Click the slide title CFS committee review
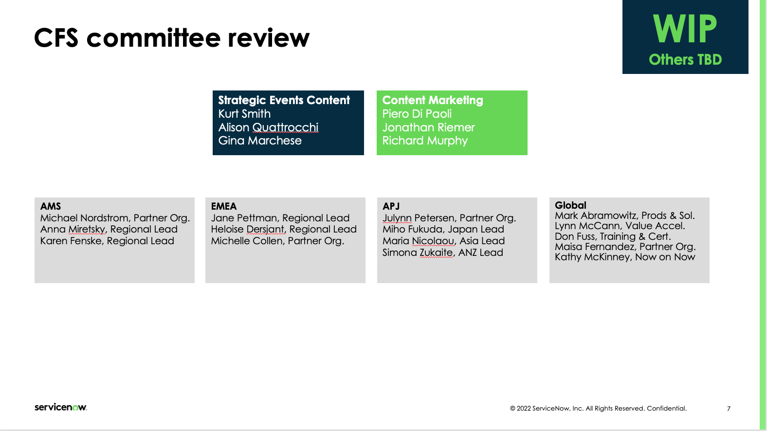(x=171, y=37)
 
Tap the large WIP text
(x=685, y=29)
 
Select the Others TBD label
(x=685, y=59)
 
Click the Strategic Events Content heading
(x=284, y=100)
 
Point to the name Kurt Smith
(x=244, y=114)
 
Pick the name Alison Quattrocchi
(x=268, y=127)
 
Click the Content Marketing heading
(x=433, y=100)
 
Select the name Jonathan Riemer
(x=428, y=127)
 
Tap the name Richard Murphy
(x=425, y=141)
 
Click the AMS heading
(x=50, y=206)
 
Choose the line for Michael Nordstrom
(x=115, y=218)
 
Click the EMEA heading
(x=223, y=206)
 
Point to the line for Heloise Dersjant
(x=284, y=229)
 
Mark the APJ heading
(x=391, y=206)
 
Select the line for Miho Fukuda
(x=443, y=229)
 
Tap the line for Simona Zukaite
(x=443, y=252)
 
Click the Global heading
(x=570, y=205)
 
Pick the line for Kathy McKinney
(x=625, y=257)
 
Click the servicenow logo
(x=61, y=407)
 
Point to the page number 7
(x=729, y=409)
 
